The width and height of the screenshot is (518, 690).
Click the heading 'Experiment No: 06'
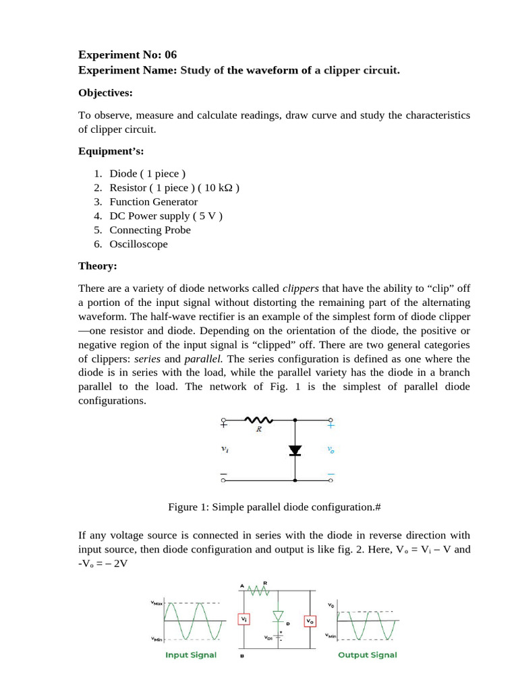[127, 55]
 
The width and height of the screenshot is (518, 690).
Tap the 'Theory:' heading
[98, 266]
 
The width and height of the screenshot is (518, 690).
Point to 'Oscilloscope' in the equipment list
[138, 244]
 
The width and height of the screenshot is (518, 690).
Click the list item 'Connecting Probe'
[150, 230]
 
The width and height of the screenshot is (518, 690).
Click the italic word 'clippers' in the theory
[300, 289]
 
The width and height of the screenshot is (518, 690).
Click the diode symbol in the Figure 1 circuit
[295, 450]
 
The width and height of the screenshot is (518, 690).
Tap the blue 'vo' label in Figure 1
[330, 450]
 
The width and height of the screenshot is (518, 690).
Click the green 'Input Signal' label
[191, 655]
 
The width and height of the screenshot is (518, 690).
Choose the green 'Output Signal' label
[367, 655]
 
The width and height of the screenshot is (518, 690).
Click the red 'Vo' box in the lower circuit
[310, 620]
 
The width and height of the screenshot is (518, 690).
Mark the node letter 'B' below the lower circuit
[241, 655]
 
